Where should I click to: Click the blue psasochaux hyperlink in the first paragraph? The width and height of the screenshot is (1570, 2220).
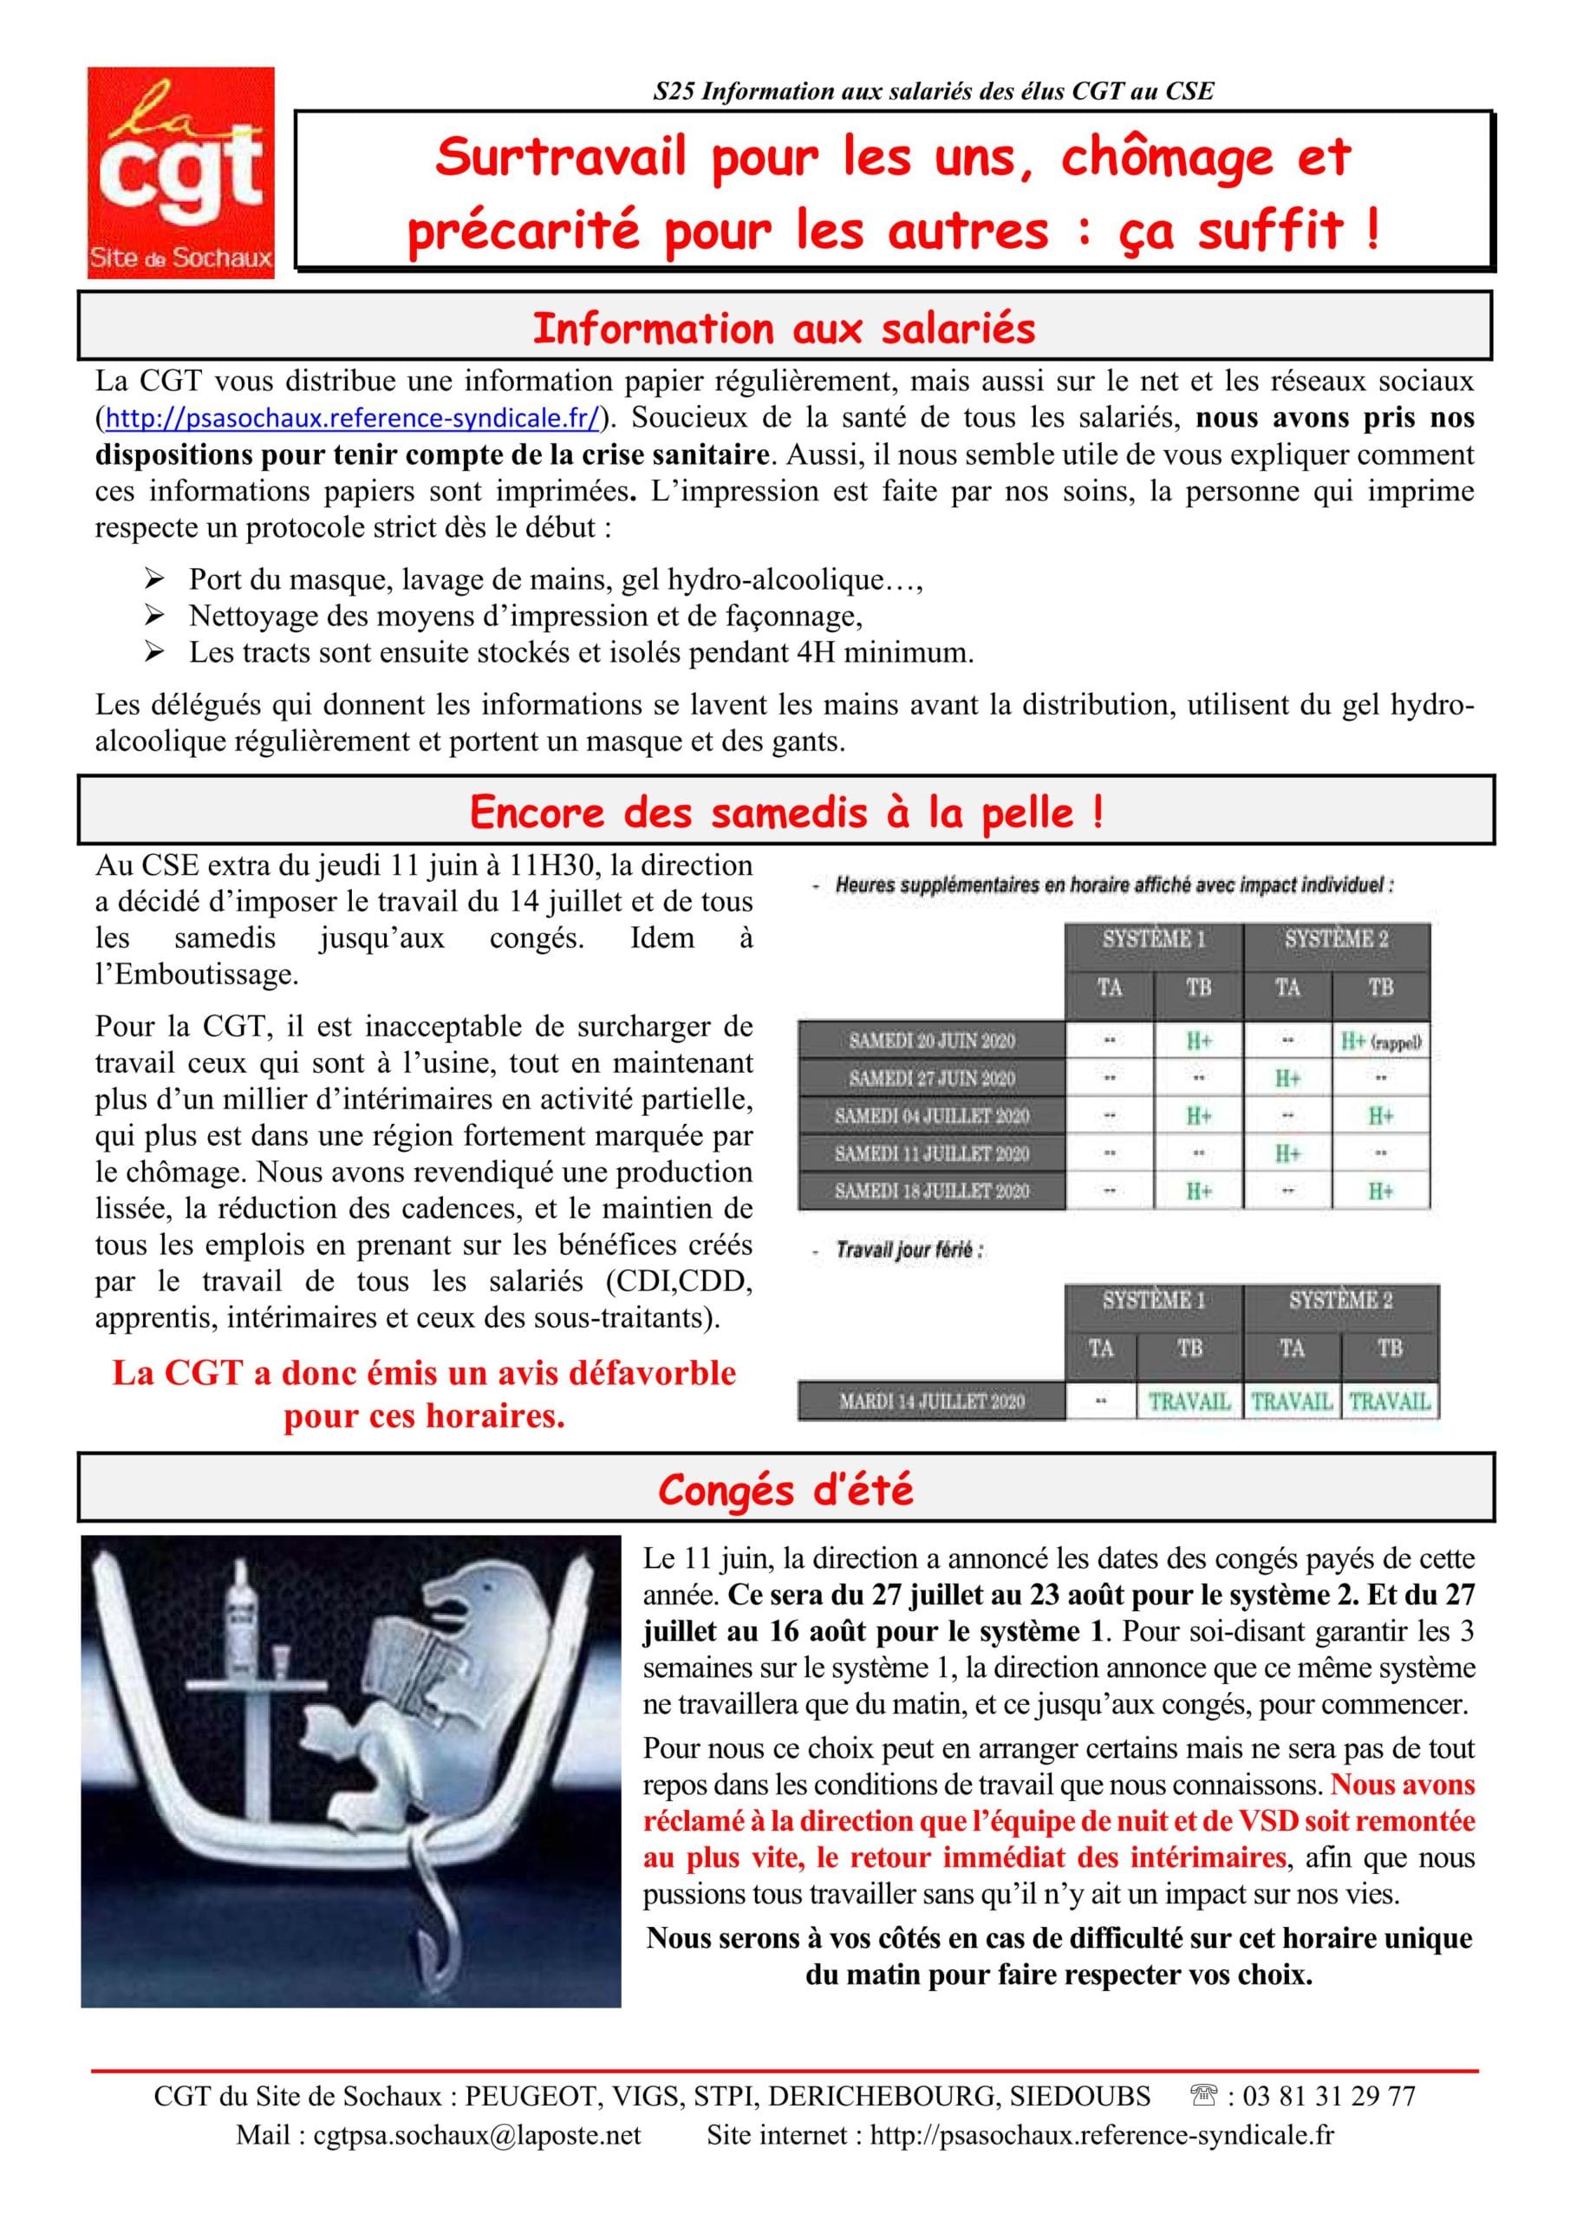click(352, 418)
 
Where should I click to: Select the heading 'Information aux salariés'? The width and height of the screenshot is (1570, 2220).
click(784, 329)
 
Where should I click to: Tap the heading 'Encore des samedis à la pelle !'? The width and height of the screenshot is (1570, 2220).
click(786, 813)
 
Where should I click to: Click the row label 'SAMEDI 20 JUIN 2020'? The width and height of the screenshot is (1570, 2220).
click(932, 1041)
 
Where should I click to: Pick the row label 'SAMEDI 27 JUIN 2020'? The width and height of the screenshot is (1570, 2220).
click(932, 1078)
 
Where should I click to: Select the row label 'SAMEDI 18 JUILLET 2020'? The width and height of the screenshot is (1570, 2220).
click(932, 1191)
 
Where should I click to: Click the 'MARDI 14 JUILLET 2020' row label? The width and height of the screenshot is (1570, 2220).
click(932, 1401)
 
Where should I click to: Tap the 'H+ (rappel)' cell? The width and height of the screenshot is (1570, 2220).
click(1380, 1041)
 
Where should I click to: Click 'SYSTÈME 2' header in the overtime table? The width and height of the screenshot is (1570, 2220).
click(1336, 938)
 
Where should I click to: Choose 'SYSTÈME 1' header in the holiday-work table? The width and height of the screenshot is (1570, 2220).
click(1153, 1300)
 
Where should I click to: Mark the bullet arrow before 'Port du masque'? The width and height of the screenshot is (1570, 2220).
click(153, 580)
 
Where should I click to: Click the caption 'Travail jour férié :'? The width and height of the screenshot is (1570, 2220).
click(909, 1250)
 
